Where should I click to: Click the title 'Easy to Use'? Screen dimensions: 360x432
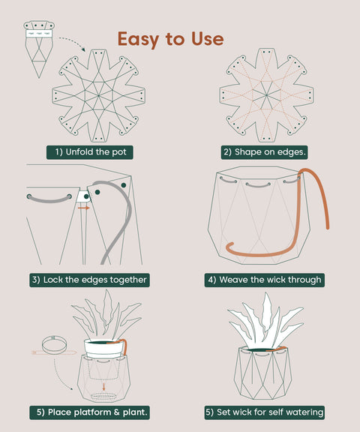click(x=170, y=39)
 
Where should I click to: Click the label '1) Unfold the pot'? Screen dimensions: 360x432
click(x=90, y=152)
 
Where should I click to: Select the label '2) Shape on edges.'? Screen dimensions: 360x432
click(x=264, y=152)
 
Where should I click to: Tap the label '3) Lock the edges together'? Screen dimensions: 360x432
click(x=89, y=280)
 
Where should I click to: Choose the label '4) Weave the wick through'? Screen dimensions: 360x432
click(x=265, y=280)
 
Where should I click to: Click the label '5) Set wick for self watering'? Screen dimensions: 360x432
click(x=265, y=412)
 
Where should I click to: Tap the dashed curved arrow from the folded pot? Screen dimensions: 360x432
click(x=72, y=42)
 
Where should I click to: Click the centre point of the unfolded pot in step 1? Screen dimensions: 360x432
click(x=98, y=95)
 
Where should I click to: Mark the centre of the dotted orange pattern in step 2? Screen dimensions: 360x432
click(x=266, y=95)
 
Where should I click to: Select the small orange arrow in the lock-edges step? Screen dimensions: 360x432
click(x=84, y=208)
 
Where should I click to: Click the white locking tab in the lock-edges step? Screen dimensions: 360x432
click(x=83, y=196)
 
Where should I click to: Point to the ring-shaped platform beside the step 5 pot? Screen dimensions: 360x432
click(x=55, y=346)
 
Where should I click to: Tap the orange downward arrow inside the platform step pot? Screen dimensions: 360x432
click(x=103, y=386)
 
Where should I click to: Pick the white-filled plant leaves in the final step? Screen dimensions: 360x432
click(x=265, y=321)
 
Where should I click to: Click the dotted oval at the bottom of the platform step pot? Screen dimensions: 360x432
click(x=103, y=396)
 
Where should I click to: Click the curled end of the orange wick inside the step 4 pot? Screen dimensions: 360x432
click(x=229, y=247)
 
